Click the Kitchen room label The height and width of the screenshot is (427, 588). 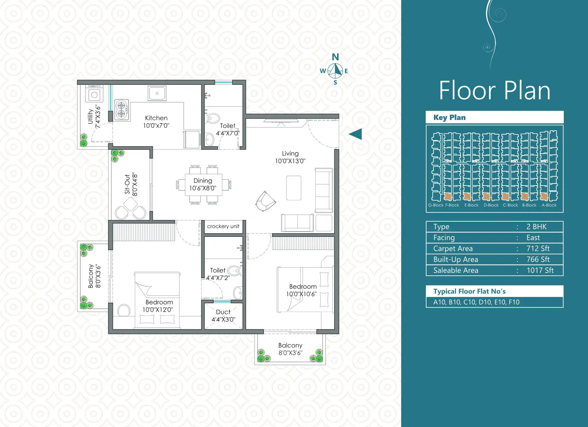coord(156,118)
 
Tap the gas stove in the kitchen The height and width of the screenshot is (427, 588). coord(122,110)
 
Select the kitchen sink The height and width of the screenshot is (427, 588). coord(157,93)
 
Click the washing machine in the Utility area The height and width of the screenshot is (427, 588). coord(94,93)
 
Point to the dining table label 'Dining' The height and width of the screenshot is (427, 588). coord(203,181)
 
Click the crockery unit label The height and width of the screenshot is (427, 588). coord(223,226)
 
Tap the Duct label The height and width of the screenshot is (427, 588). coord(223,312)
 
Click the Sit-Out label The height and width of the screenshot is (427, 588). coord(127,184)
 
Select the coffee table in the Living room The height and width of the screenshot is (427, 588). coord(294,188)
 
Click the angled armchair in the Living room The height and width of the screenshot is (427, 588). coord(266,201)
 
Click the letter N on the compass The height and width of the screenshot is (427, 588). coord(336,57)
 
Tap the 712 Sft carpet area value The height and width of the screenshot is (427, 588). coord(538,249)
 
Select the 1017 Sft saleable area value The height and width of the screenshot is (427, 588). coord(540,270)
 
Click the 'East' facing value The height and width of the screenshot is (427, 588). coord(533,238)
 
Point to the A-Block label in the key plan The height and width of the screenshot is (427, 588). coord(549,205)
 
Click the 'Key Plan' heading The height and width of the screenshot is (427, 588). coord(449,117)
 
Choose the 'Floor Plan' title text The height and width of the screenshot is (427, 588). coord(495,90)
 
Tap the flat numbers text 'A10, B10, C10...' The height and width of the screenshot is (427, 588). coord(476,302)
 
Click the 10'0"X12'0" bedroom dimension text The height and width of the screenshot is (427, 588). coord(158,310)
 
